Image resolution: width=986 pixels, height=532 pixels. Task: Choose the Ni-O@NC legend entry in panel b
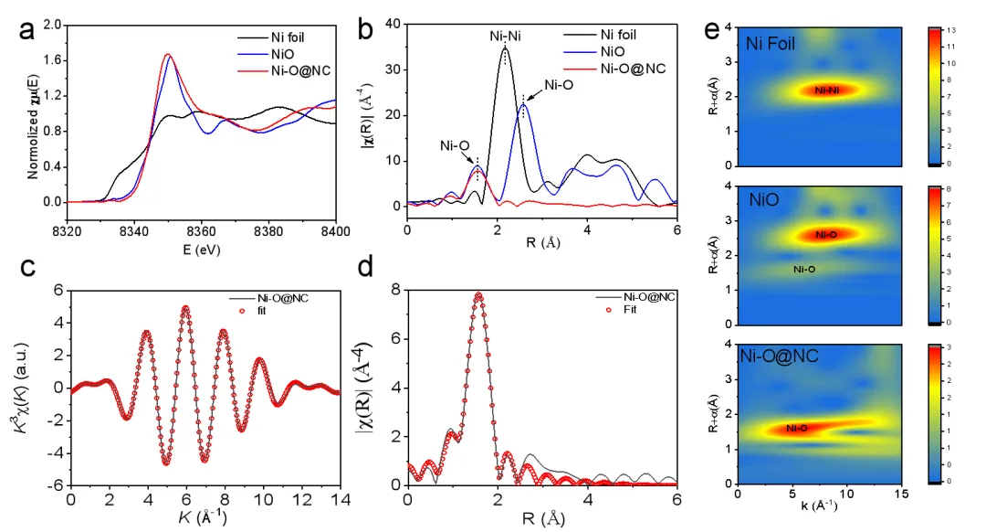(x=633, y=68)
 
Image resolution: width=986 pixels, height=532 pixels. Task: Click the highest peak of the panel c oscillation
(x=185, y=308)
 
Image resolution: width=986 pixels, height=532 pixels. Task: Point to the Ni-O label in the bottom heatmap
(x=796, y=428)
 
